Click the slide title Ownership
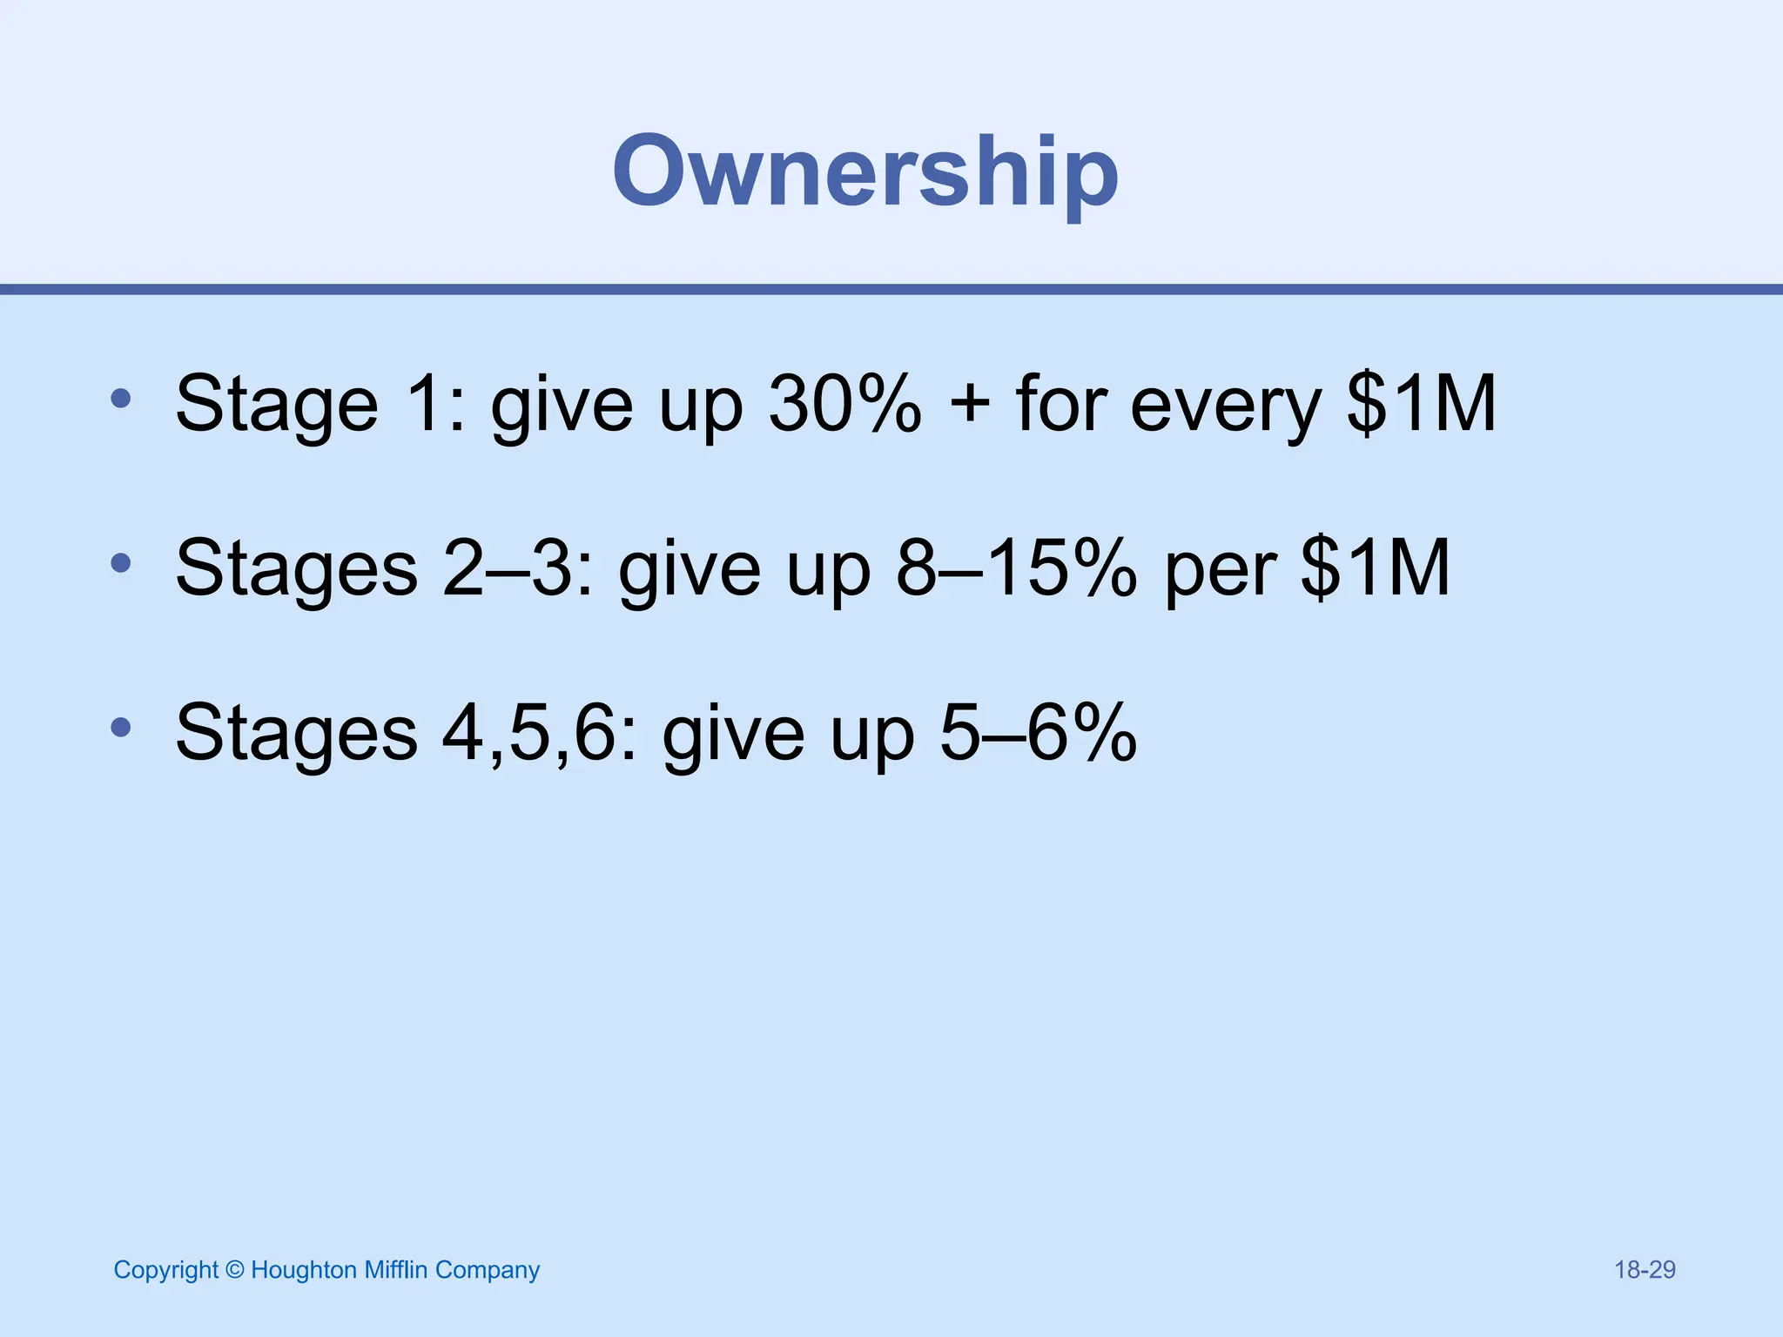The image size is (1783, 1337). tap(865, 172)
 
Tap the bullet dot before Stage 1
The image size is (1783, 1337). tap(121, 399)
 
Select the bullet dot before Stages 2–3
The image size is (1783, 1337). tap(121, 563)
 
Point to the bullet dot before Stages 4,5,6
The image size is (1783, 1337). tap(121, 727)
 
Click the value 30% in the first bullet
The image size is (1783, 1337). tap(844, 403)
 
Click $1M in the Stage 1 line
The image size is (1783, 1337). tap(1421, 403)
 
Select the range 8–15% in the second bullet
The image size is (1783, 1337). tap(1016, 568)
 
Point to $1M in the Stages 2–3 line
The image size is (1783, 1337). tap(1376, 568)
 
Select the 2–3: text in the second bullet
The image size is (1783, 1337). tap(518, 568)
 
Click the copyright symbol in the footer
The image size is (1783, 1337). tap(234, 1270)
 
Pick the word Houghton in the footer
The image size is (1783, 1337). tap(304, 1271)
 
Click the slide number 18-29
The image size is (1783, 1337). tap(1645, 1270)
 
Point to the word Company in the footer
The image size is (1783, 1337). tap(488, 1271)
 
